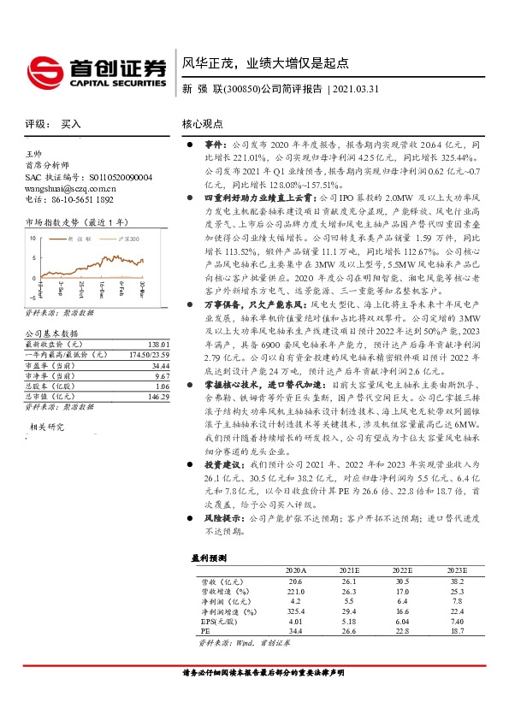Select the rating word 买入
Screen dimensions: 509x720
[x=71, y=124]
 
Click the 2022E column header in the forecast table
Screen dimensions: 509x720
[x=402, y=570]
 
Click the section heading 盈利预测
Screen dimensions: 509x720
[x=209, y=557]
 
